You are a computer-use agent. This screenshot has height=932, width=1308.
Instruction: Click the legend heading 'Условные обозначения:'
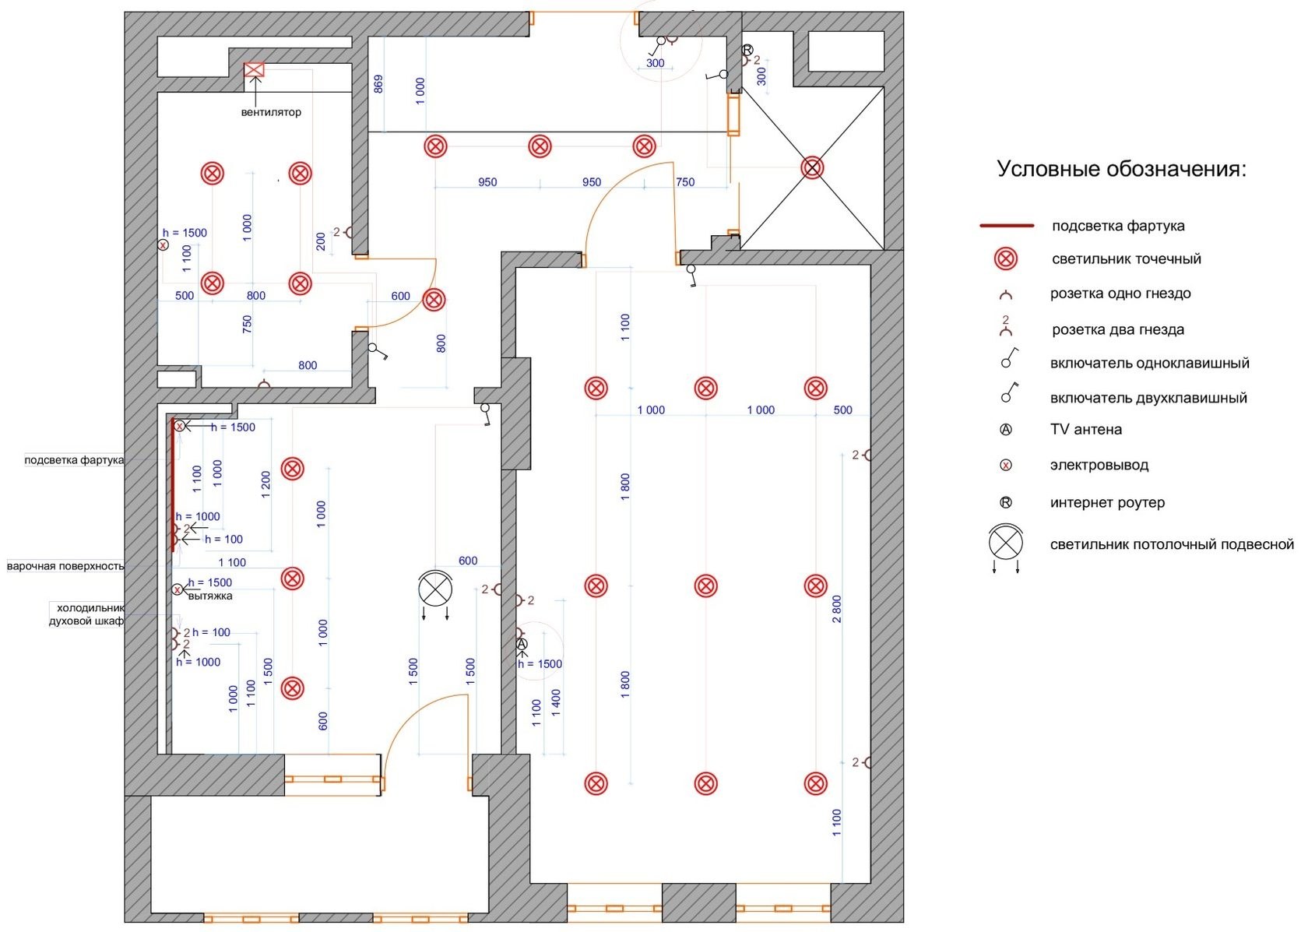pos(1121,169)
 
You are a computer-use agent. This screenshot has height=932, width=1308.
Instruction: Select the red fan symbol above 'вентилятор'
pos(254,70)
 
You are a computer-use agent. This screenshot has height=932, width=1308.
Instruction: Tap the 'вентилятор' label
pos(271,112)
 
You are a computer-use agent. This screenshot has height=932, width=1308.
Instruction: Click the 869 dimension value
pos(378,84)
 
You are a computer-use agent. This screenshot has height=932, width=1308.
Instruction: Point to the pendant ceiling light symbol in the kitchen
pos(435,589)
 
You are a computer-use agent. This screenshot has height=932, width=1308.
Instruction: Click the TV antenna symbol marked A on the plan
pos(522,644)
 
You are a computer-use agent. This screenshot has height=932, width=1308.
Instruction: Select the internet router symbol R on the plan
pos(747,50)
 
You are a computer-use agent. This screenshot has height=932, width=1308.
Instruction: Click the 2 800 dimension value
pos(837,609)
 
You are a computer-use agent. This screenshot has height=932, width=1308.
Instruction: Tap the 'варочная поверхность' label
pos(65,566)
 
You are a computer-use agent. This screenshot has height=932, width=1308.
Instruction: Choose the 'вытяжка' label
pos(210,596)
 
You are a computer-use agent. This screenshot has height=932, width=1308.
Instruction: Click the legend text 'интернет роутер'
pos(1107,502)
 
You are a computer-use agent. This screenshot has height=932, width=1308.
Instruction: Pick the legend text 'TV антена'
pos(1086,429)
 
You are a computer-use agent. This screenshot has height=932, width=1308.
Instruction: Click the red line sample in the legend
pos(1006,226)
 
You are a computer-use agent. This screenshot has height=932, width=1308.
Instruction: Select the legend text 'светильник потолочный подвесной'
pos(1172,544)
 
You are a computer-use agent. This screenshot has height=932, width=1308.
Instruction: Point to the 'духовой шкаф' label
pos(86,621)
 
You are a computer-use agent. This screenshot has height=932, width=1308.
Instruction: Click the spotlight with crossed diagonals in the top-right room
pos(812,167)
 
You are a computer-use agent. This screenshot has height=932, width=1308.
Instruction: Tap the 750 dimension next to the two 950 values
pos(685,182)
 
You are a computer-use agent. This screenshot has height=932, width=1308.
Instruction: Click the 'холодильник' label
pos(90,608)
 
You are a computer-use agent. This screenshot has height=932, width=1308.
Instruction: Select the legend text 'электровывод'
pos(1099,465)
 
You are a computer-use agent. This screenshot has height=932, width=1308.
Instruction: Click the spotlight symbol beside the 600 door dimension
pos(434,300)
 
